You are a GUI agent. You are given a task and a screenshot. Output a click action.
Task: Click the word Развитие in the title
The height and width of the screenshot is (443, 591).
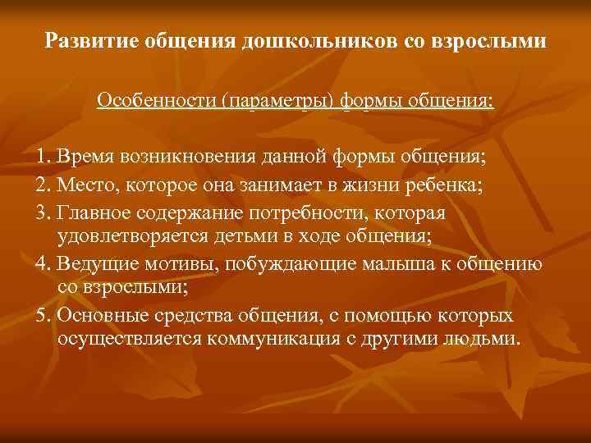coord(86,40)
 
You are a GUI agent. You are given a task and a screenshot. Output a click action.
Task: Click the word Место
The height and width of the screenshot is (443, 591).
coord(85,185)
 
